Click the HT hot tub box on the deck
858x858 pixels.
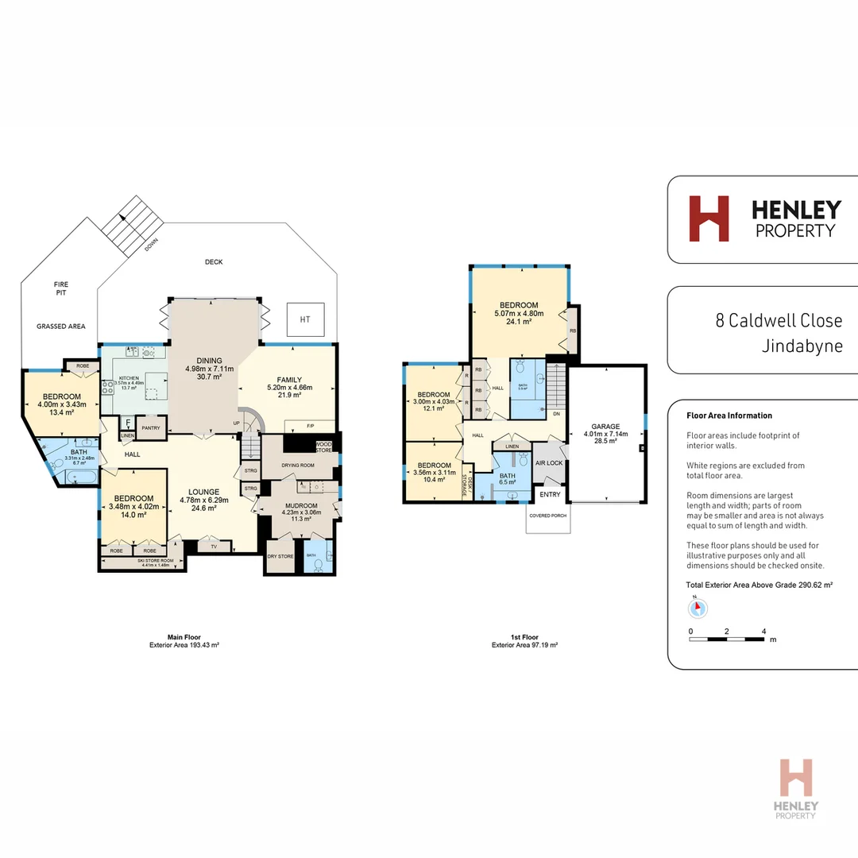305,319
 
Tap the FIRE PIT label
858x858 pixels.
60,288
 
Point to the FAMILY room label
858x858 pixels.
289,379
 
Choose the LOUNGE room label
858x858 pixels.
204,491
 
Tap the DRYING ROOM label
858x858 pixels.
298,465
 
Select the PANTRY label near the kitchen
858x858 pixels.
150,428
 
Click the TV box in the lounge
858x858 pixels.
214,547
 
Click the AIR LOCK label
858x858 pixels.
549,463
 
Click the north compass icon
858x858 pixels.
697,608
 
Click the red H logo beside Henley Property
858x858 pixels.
709,218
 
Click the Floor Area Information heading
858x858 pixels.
729,415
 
